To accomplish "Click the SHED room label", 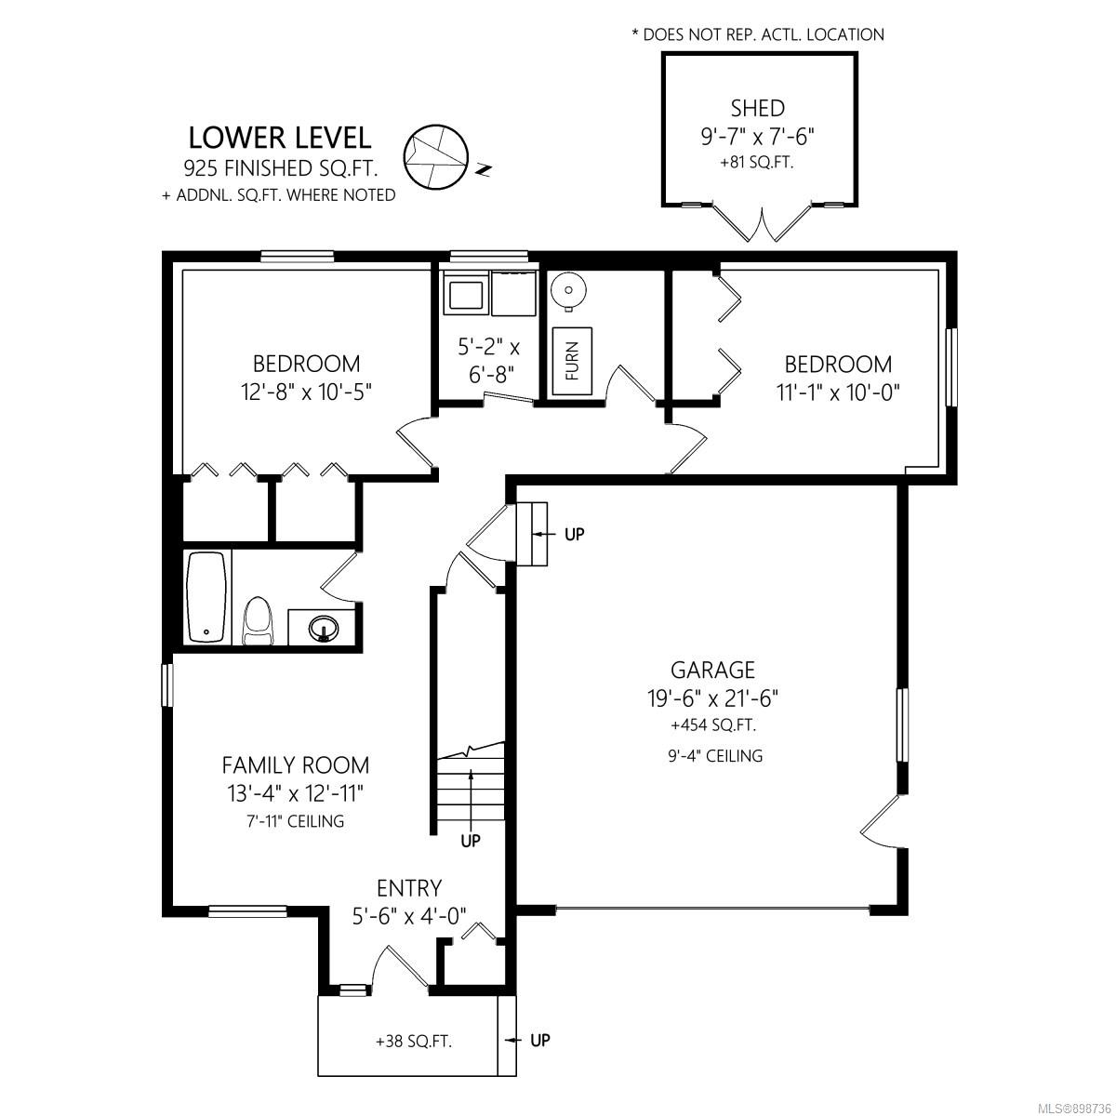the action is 758,108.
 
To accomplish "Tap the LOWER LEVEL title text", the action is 280,138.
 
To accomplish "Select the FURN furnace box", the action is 572,361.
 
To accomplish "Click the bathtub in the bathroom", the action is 206,596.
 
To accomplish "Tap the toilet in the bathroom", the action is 258,621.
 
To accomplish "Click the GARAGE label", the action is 712,670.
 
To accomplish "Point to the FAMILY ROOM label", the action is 296,765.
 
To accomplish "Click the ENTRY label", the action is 409,888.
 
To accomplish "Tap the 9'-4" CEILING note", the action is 715,756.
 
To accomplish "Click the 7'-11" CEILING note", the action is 296,820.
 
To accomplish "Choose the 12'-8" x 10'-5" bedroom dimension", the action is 306,392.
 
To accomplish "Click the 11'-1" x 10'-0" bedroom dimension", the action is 838,393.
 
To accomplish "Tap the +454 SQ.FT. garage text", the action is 713,725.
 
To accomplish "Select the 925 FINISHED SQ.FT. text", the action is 281,168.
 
